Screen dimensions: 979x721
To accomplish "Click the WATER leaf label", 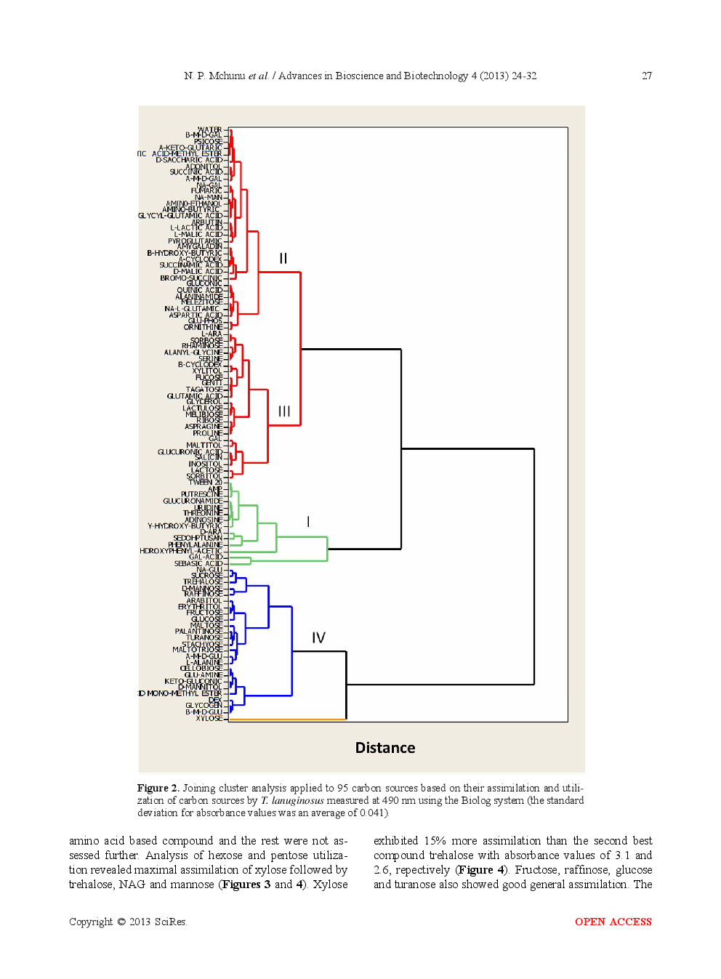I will coord(209,129).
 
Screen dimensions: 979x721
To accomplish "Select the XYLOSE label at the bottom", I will coord(209,718).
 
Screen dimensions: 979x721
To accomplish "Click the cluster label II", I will coord(283,259).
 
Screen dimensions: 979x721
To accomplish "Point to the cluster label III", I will coord(284,411).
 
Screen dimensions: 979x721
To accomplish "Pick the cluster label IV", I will coord(318,638).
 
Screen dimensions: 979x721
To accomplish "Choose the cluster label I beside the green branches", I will coord(308,522).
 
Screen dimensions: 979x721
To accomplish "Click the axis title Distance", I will coord(385,748).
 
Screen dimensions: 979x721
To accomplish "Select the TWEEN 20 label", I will coord(206,482).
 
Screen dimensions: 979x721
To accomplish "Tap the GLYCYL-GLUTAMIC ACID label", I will coord(180,216).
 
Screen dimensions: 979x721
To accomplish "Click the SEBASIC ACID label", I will coord(198,563).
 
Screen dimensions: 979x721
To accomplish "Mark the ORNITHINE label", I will coord(203,327).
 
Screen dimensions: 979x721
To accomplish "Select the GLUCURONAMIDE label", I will coord(193,501).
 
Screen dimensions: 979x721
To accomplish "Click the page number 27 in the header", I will coord(646,76).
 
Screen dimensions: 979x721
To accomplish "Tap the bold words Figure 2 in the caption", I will coord(158,788).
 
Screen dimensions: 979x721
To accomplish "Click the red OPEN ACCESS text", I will coord(613,922).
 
